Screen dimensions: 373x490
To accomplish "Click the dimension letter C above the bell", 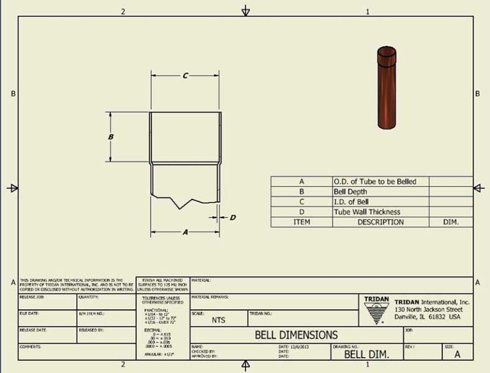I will click(x=185, y=76).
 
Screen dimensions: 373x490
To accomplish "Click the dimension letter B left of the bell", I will click(x=111, y=137).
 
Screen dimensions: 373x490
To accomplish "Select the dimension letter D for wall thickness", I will click(x=233, y=217).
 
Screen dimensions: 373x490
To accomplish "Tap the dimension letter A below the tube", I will click(x=185, y=233).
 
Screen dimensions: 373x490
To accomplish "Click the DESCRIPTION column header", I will click(x=380, y=223).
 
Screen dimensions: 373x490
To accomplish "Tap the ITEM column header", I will click(x=301, y=223).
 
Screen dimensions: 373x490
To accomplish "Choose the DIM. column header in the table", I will click(x=450, y=223).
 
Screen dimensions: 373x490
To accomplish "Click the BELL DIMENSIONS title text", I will click(x=296, y=335).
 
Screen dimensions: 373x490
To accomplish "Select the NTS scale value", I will click(x=218, y=320).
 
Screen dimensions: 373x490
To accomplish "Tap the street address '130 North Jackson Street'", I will click(x=433, y=309).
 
